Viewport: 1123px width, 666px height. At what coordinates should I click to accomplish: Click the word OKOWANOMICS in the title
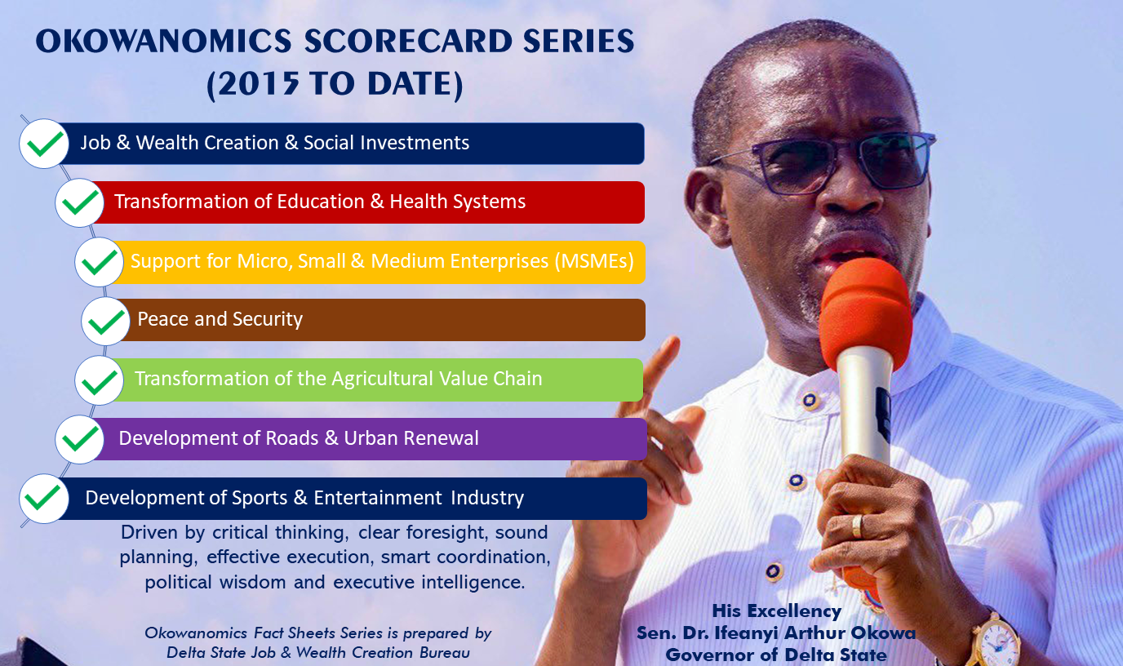point(163,41)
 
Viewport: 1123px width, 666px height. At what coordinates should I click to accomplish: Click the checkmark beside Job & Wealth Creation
point(44,144)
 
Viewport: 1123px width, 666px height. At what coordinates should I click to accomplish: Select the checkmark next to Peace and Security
point(106,321)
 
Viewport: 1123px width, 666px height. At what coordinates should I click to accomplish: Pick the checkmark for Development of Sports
point(43,499)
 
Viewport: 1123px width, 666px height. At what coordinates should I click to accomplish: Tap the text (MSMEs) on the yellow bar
point(594,261)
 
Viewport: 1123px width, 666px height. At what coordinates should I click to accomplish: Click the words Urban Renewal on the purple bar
point(411,437)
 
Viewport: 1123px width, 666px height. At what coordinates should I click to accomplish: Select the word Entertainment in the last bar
point(378,498)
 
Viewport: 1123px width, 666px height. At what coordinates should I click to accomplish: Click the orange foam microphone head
point(866,312)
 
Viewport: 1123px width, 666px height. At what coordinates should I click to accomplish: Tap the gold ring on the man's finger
point(857,526)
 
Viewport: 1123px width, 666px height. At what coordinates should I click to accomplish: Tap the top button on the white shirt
point(810,400)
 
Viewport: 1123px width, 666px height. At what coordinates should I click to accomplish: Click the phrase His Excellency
point(777,610)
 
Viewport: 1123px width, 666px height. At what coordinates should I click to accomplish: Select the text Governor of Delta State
point(776,655)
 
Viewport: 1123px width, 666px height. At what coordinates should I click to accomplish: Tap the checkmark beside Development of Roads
point(80,439)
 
